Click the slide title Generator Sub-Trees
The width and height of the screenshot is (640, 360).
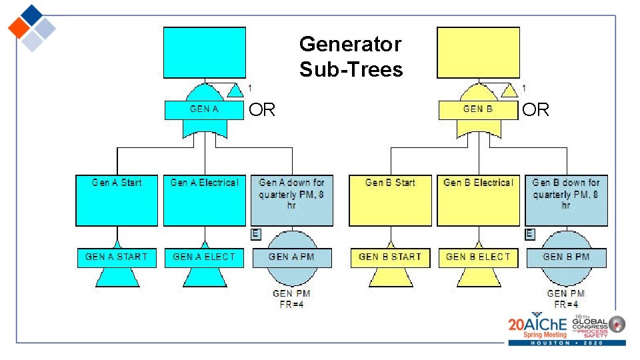coord(351,57)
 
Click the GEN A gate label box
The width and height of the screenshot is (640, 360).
coord(204,109)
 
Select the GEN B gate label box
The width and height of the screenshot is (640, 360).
coord(477,109)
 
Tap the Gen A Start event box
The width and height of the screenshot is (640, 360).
coord(117,200)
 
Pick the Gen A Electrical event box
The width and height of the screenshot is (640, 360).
coord(204,200)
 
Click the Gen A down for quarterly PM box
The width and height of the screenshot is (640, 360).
coord(291,200)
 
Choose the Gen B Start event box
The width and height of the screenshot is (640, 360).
coord(390,200)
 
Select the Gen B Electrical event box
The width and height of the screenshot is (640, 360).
coord(478,200)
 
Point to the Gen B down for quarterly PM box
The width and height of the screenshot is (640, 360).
coord(566,200)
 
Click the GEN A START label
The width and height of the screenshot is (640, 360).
coord(117,257)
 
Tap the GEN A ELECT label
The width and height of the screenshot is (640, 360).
coord(204,257)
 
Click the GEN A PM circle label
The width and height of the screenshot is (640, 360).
coord(291,257)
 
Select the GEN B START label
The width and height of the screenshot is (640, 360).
coord(390,257)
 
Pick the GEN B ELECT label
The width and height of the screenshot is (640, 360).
coord(478,257)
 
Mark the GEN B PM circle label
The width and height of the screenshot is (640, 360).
coord(566,257)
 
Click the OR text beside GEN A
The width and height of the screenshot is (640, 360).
coord(261,110)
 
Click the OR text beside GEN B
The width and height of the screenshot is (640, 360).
coord(535,110)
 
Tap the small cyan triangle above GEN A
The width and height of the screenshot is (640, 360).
coord(235,90)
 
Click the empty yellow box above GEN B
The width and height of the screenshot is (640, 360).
coord(477,53)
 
